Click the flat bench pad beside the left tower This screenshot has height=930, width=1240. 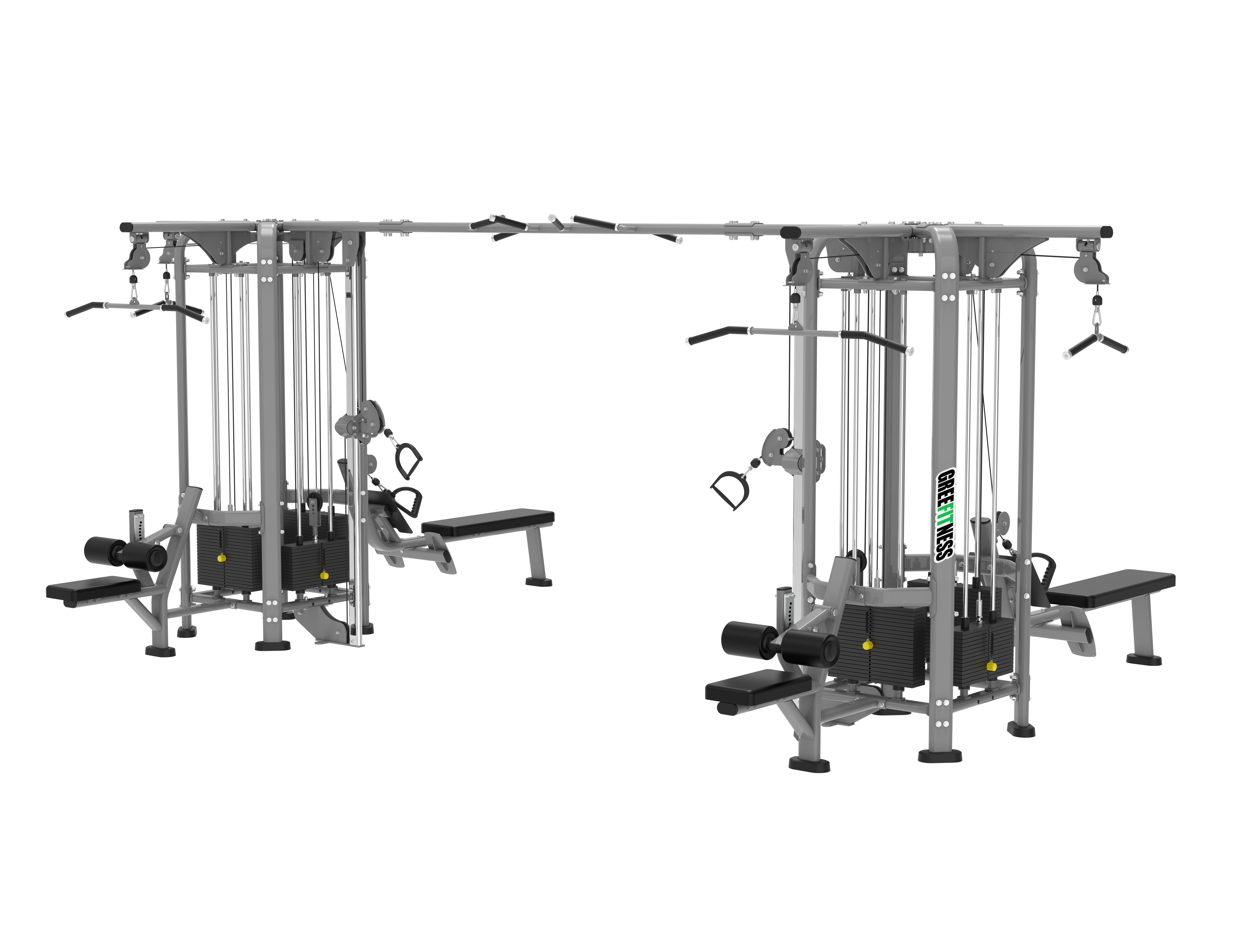click(488, 521)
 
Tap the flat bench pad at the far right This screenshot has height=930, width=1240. click(1111, 589)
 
